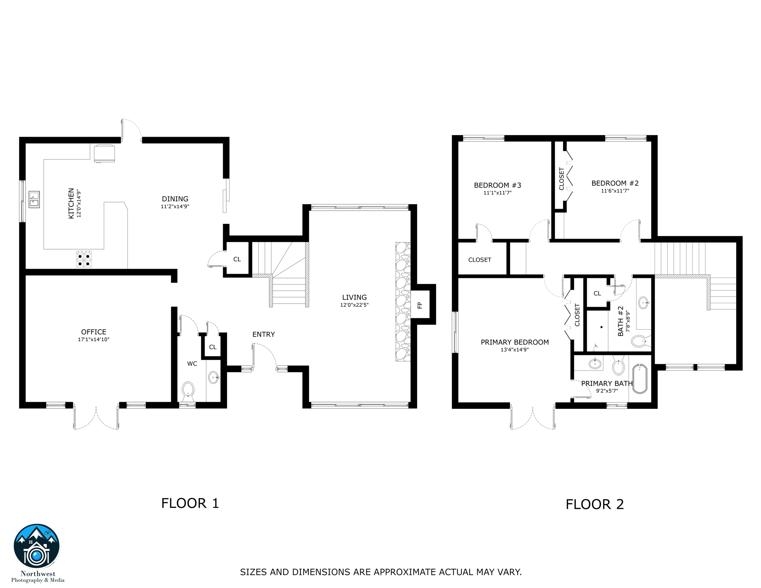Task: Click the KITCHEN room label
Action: [71, 203]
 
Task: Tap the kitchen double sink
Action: [34, 199]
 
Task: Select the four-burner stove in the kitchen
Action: [84, 259]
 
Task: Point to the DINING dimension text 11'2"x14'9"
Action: [175, 207]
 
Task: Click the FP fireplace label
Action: [420, 305]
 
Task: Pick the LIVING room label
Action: [354, 297]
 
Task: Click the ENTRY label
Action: [263, 335]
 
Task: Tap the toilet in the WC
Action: [188, 390]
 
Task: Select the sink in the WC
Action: [214, 377]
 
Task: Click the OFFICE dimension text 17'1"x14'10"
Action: [94, 340]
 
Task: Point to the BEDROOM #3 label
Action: [497, 185]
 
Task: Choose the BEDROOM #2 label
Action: [615, 183]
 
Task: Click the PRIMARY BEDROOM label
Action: [514, 342]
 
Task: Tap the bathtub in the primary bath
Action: [640, 379]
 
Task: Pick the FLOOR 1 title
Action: [190, 503]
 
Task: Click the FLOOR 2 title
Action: [594, 505]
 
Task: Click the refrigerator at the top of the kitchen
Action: [104, 153]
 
